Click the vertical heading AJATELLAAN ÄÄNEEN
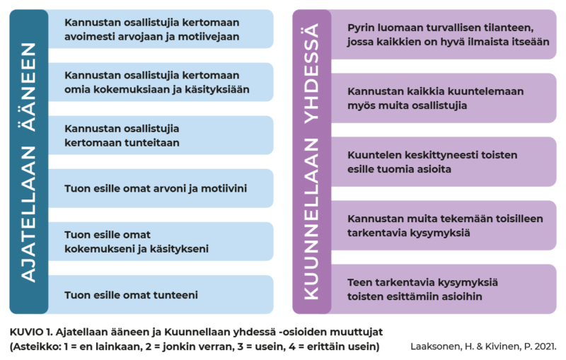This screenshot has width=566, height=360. [x=28, y=163]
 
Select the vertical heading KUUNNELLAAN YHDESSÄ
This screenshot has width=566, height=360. [x=311, y=161]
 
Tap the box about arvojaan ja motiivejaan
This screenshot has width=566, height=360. [x=161, y=29]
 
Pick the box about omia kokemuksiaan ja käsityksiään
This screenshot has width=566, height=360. [x=161, y=82]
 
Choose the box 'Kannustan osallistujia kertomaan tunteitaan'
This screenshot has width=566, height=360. [x=161, y=135]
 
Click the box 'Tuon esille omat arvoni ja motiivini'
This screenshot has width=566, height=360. [x=161, y=188]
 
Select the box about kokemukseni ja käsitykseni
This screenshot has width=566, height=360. [x=161, y=241]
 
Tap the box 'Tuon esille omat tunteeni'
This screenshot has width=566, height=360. [x=161, y=295]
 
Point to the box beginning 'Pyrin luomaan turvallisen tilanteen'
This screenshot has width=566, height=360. [x=444, y=34]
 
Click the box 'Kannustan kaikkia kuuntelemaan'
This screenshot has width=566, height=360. [x=444, y=98]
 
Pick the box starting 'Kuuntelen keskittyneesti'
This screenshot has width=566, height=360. [x=444, y=161]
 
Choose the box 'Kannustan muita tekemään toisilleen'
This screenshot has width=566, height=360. [x=444, y=226]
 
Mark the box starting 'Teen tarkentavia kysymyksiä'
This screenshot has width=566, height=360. [x=444, y=289]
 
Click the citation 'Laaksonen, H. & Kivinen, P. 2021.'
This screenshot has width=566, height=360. [x=483, y=347]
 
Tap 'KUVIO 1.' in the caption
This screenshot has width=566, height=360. [x=31, y=332]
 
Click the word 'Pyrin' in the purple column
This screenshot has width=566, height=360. [x=360, y=28]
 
